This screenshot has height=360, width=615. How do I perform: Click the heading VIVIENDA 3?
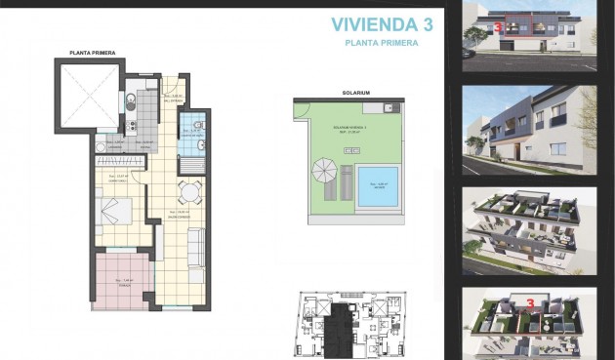[x=382, y=24]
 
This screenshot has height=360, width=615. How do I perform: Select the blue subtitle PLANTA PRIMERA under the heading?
[x=383, y=44]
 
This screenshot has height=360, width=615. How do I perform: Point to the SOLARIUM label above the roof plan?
[x=354, y=95]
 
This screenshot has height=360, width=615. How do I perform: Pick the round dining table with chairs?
[x=190, y=191]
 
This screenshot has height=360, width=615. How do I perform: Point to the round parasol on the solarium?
[x=323, y=174]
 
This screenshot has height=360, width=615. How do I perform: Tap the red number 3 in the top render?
[x=499, y=28]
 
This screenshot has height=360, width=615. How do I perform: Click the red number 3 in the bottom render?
[x=529, y=303]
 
